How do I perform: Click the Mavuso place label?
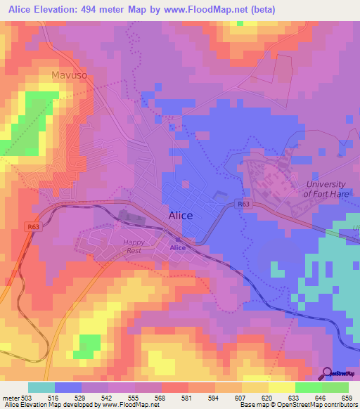point(68,74)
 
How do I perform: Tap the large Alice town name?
point(181,216)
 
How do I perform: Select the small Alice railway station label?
point(178,247)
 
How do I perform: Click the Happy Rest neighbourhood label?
point(134,247)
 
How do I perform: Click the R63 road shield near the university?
point(243,204)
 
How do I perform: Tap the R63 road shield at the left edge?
point(34,227)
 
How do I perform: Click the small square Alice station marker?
point(178,239)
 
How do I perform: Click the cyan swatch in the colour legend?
point(41,387)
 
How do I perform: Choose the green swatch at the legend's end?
point(335,387)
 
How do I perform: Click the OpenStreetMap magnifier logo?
point(326,373)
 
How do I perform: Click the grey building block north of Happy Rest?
point(131,216)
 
